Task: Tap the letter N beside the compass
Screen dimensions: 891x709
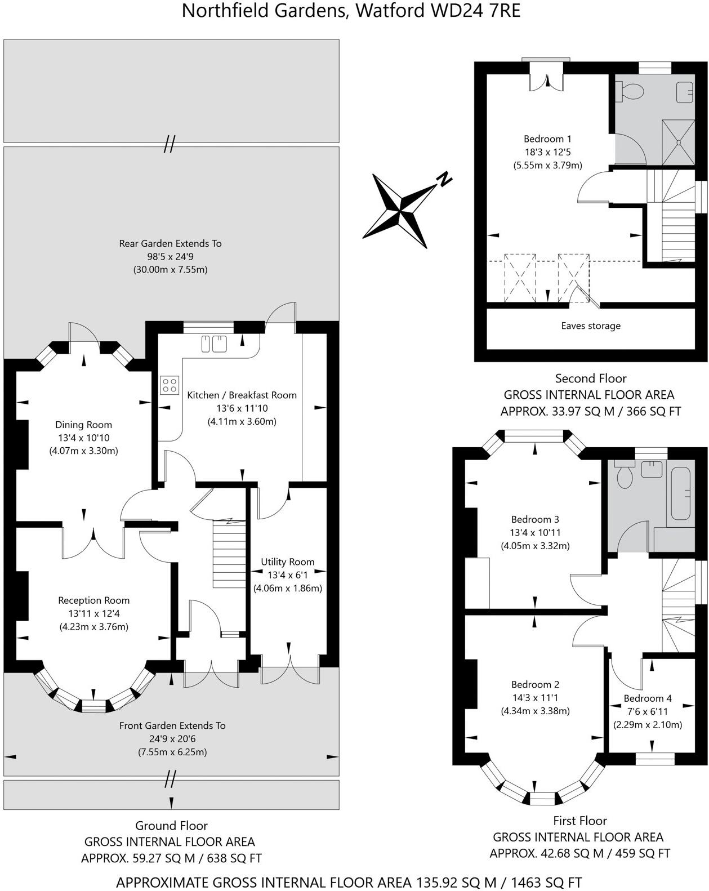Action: (x=445, y=179)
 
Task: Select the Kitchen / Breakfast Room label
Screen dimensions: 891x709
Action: (x=242, y=395)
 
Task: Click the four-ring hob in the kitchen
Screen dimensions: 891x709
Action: (x=170, y=385)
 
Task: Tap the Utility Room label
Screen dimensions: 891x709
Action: (x=287, y=562)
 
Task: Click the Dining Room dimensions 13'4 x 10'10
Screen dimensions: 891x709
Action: (x=83, y=438)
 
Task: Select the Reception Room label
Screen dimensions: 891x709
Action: (x=93, y=601)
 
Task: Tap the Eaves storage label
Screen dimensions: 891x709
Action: (x=590, y=326)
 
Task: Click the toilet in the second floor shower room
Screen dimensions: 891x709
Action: (x=630, y=91)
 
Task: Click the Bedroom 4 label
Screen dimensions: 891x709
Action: (x=648, y=698)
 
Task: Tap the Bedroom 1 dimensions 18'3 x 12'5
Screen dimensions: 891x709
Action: (x=547, y=152)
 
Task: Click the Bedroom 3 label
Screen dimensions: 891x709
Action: (x=535, y=519)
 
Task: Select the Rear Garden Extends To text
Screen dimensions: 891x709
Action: (x=170, y=244)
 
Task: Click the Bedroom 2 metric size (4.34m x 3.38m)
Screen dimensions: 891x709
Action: (x=535, y=711)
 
